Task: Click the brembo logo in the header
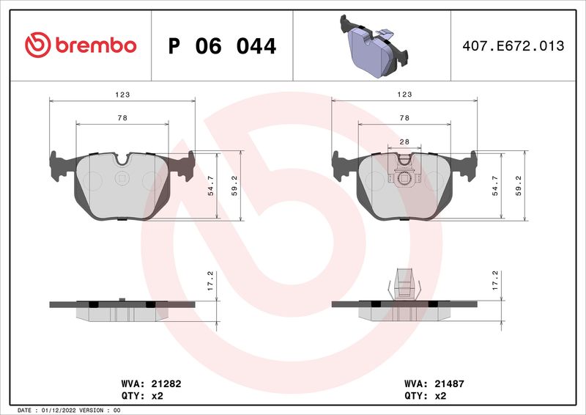click(x=81, y=45)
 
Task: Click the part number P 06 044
click(x=222, y=46)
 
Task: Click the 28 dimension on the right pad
click(x=404, y=141)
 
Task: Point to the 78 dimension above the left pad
click(x=122, y=118)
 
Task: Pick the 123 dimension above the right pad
click(x=404, y=95)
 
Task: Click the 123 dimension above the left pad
click(x=122, y=95)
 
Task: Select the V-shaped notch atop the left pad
click(x=122, y=158)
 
